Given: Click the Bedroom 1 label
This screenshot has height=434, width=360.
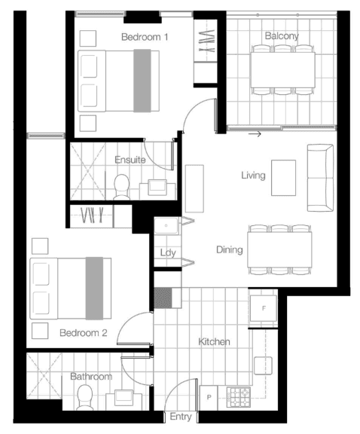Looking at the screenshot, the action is pyautogui.click(x=145, y=37).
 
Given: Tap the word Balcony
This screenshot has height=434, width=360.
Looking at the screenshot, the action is pyautogui.click(x=282, y=35).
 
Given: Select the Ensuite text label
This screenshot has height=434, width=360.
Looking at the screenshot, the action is pyautogui.click(x=130, y=160).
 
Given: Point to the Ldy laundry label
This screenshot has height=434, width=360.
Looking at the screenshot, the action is pyautogui.click(x=168, y=252).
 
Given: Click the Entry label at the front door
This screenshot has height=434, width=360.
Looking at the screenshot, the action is pyautogui.click(x=181, y=416).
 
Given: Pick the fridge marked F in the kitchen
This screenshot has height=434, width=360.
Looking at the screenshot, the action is pyautogui.click(x=264, y=308).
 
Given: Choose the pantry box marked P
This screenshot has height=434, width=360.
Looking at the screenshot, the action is pyautogui.click(x=209, y=398).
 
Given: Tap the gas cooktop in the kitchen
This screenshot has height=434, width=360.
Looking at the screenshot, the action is pyautogui.click(x=238, y=397).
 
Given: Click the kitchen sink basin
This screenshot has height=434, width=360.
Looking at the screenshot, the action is pyautogui.click(x=263, y=365).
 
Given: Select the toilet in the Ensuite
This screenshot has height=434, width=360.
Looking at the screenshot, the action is pyautogui.click(x=121, y=187).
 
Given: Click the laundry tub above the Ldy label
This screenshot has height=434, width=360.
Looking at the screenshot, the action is pyautogui.click(x=166, y=226).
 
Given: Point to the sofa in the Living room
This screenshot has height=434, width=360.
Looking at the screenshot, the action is pyautogui.click(x=320, y=178).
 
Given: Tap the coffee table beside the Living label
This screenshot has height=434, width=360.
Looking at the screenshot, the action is pyautogui.click(x=283, y=178).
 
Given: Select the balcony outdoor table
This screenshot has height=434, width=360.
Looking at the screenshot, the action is pyautogui.click(x=282, y=70).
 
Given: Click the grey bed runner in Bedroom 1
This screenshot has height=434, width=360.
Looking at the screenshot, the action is pyautogui.click(x=142, y=81).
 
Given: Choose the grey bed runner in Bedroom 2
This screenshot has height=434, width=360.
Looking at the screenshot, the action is pyautogui.click(x=94, y=289).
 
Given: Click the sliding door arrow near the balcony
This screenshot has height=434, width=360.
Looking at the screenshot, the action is pyautogui.click(x=255, y=134).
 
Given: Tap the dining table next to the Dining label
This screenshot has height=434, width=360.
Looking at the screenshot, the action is pyautogui.click(x=279, y=249).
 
